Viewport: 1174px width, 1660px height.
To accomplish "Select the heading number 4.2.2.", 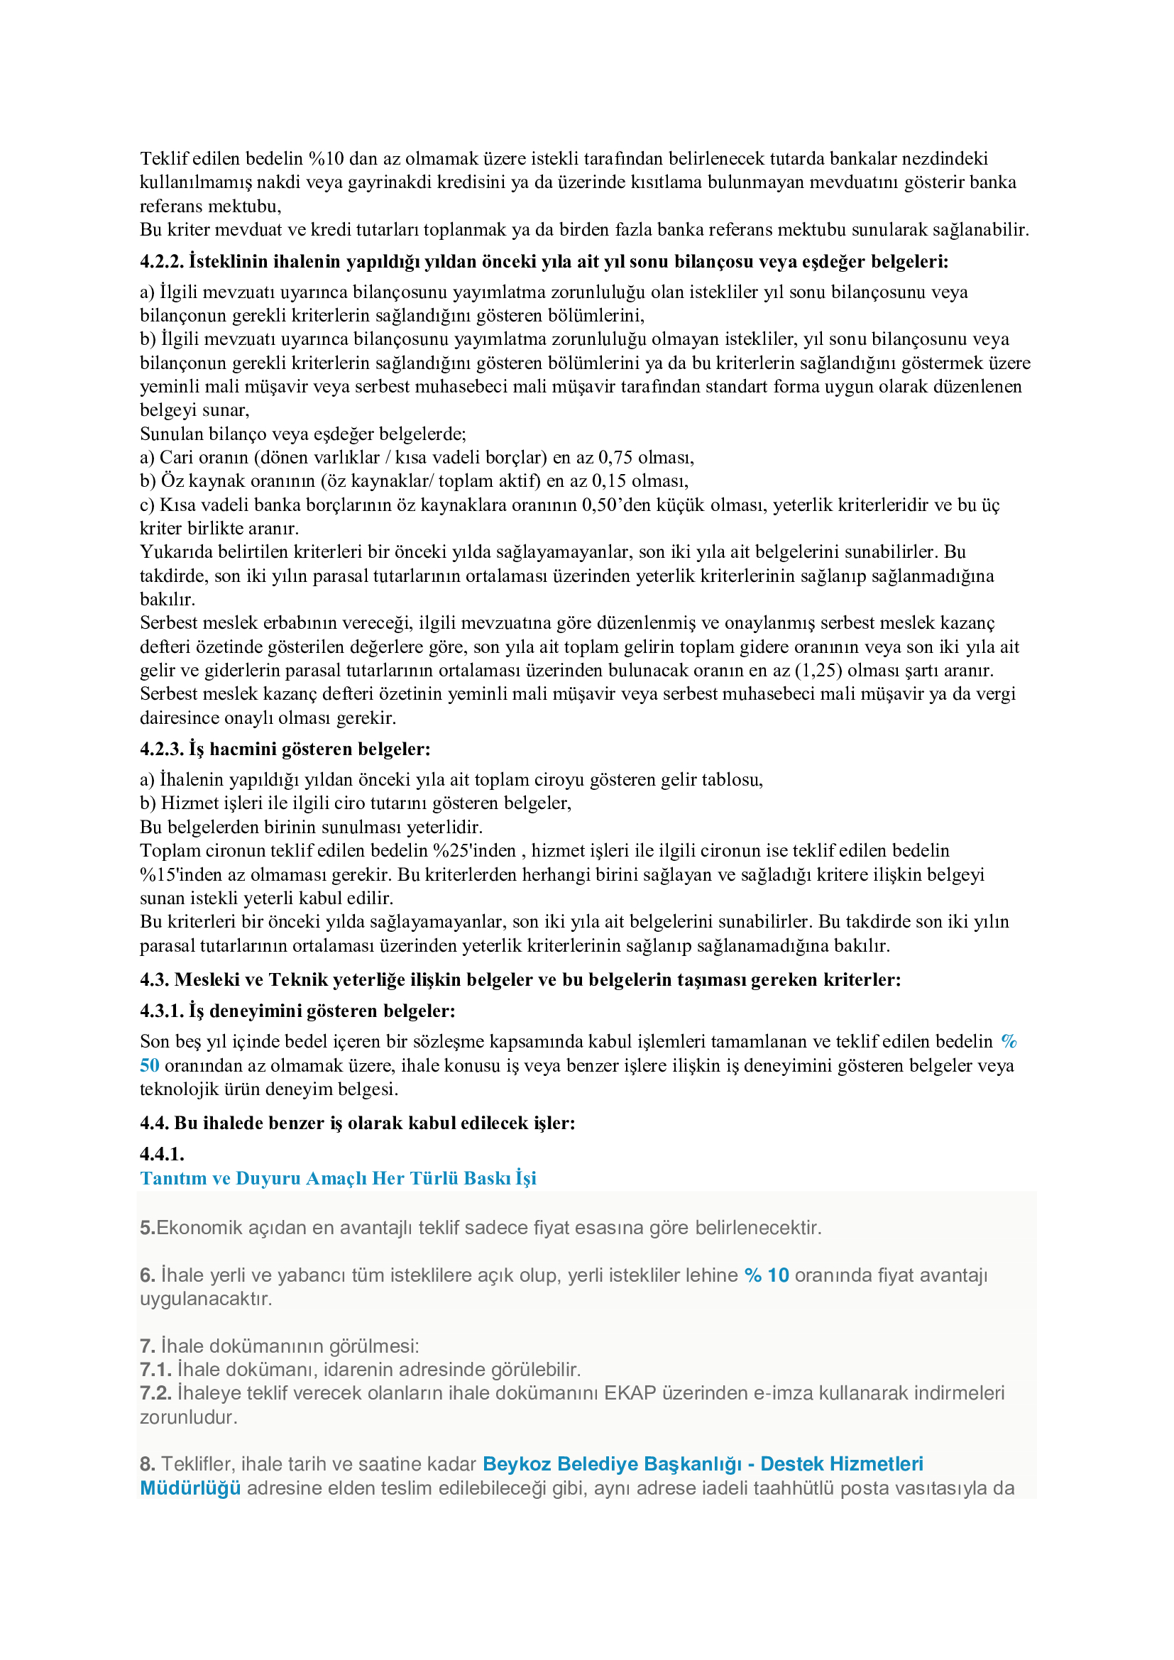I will click(x=161, y=261).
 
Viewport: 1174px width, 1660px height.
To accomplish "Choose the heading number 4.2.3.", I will click(x=161, y=749).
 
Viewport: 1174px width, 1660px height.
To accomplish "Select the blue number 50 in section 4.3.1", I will click(x=150, y=1065).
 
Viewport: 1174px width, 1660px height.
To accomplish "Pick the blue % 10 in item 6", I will click(x=767, y=1275).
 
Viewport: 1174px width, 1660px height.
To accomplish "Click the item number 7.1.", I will click(x=155, y=1369).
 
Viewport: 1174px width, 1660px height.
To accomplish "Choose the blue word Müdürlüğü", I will click(x=190, y=1488).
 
